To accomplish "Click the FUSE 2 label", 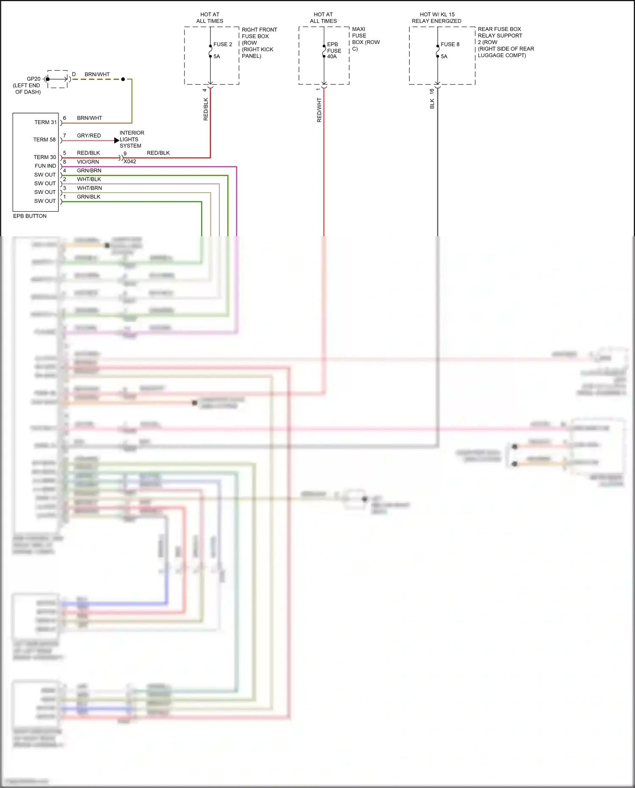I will pyautogui.click(x=223, y=44).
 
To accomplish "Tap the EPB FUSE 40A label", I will pyautogui.click(x=334, y=50).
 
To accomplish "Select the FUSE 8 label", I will pyautogui.click(x=450, y=44).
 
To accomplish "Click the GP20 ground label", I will pyautogui.click(x=33, y=79).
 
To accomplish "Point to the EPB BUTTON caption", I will pyautogui.click(x=30, y=216).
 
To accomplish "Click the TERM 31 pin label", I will pyautogui.click(x=45, y=122).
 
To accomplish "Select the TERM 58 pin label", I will pyautogui.click(x=44, y=140).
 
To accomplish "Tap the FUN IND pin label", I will pyautogui.click(x=45, y=166).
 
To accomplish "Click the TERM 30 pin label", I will pyautogui.click(x=45, y=157).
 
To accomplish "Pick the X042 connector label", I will pyautogui.click(x=130, y=162).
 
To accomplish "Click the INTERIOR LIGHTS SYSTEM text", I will pyautogui.click(x=131, y=139).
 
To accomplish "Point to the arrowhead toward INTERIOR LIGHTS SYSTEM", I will pyautogui.click(x=117, y=140).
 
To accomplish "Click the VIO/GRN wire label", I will pyautogui.click(x=88, y=162).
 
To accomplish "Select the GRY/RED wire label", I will pyautogui.click(x=89, y=135).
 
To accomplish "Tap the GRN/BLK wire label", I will pyautogui.click(x=88, y=197).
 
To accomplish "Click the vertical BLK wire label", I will pyautogui.click(x=432, y=104).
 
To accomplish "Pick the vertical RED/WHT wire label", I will pyautogui.click(x=319, y=110).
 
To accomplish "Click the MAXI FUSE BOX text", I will pyautogui.click(x=365, y=39).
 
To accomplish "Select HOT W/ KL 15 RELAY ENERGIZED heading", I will pyautogui.click(x=437, y=18).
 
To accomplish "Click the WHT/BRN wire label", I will pyautogui.click(x=89, y=188).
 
